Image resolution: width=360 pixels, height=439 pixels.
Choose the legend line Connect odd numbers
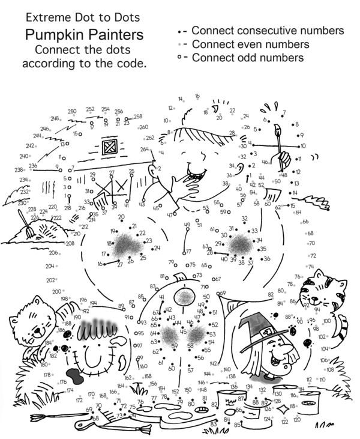pos(247,58)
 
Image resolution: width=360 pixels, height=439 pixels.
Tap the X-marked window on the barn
pos(110,147)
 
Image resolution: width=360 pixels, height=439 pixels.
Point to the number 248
pos(55,119)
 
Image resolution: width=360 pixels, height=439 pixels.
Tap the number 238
pos(19,170)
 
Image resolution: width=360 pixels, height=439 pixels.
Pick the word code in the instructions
pos(134,61)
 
